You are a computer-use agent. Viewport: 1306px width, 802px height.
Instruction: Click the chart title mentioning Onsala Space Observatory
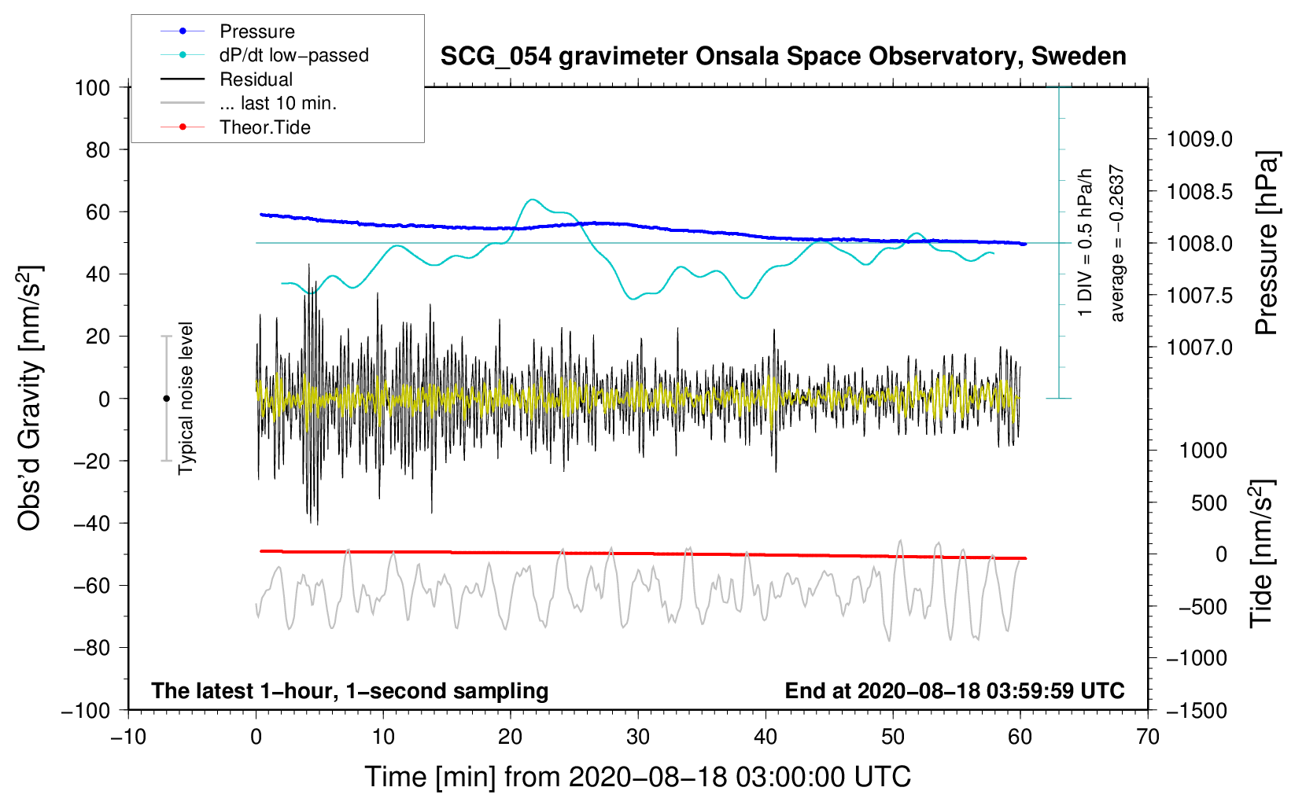tap(783, 57)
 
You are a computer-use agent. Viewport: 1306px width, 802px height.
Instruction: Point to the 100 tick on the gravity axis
tap(92, 87)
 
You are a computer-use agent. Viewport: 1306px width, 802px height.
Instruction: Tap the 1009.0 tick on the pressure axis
tap(1199, 139)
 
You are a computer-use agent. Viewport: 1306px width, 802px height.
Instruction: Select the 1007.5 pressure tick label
tap(1199, 295)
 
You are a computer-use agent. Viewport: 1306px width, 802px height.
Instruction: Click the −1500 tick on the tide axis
tap(1197, 710)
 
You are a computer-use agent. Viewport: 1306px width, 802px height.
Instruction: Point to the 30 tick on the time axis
tap(638, 737)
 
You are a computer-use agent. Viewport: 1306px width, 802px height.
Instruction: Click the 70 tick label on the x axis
tap(1148, 737)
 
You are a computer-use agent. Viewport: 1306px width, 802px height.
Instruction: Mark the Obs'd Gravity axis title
tap(30, 399)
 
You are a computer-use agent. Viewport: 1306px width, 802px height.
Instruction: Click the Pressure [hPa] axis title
tap(1267, 244)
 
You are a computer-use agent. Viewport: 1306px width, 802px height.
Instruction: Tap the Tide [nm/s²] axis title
tap(1262, 554)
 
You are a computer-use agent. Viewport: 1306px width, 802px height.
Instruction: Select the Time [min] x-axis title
tap(637, 777)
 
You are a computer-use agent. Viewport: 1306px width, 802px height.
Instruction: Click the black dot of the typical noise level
tap(166, 399)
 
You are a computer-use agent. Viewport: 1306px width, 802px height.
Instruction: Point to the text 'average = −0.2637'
tap(1117, 244)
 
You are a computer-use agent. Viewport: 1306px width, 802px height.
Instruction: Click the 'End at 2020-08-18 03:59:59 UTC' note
tap(954, 691)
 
